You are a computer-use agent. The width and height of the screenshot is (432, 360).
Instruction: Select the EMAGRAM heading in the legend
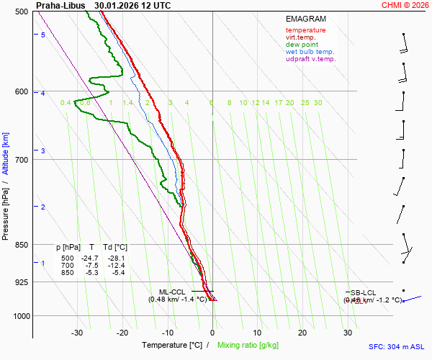click(305, 19)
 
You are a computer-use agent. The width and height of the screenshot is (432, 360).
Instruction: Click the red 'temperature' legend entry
click(305, 30)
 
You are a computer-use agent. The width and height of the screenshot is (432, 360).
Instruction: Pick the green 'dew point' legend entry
click(302, 45)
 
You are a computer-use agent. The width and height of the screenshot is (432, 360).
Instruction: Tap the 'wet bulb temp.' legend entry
click(310, 52)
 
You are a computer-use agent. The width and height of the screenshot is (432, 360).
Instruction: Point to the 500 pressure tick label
click(20, 12)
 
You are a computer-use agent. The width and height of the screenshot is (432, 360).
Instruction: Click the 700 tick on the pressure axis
click(20, 159)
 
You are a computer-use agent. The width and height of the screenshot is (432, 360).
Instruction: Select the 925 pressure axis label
click(20, 282)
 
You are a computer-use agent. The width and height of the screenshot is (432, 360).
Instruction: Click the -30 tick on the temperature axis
click(77, 333)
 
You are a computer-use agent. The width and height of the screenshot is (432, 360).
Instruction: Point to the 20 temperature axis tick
click(302, 333)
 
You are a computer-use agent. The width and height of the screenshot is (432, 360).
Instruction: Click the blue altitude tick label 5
click(43, 35)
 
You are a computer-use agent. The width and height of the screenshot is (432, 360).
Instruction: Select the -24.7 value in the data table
click(90, 258)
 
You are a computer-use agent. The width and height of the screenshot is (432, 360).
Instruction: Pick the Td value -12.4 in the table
click(116, 265)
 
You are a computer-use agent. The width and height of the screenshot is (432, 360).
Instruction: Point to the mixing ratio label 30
click(318, 103)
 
